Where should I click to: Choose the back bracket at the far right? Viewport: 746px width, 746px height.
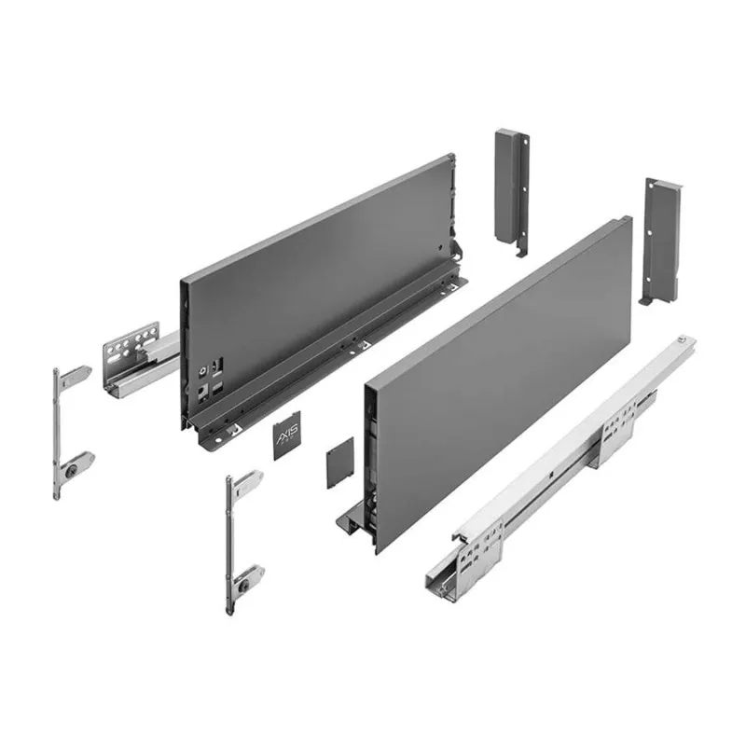tap(660, 238)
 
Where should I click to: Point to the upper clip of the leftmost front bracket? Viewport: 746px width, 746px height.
tap(75, 376)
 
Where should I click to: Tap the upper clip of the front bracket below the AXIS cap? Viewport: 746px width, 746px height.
tap(246, 481)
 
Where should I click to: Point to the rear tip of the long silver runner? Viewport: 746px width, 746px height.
tap(685, 338)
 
